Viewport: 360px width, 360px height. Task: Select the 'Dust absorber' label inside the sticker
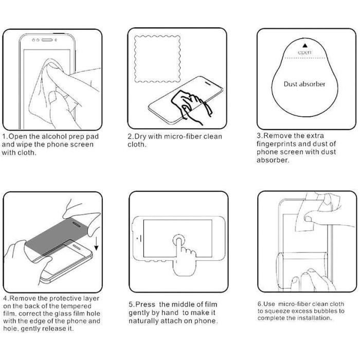pos(304,84)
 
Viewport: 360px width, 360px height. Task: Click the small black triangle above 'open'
pos(305,46)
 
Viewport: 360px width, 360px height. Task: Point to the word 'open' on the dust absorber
pos(305,52)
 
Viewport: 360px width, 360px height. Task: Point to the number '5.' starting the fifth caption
pos(131,304)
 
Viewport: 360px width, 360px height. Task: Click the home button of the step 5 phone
pos(138,238)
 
